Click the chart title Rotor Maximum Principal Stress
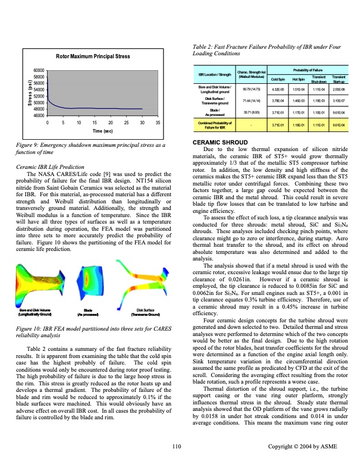[x=92, y=56]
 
